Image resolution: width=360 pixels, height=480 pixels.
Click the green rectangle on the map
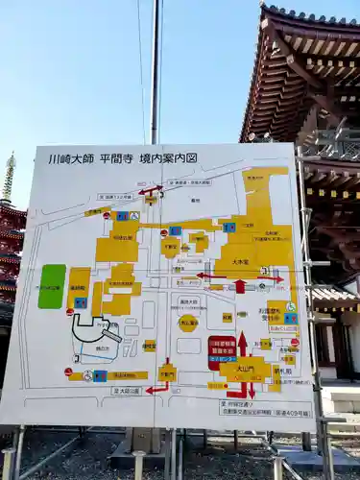tap(52, 286)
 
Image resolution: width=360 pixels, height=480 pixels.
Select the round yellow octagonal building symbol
tap(188, 323)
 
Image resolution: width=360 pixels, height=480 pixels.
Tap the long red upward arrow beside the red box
tap(242, 344)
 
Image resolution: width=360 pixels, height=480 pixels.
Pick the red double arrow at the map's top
tap(151, 190)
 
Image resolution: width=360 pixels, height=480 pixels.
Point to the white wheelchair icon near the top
tap(134, 217)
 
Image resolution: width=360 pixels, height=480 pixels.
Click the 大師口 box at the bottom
tap(127, 391)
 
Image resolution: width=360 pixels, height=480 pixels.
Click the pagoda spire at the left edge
tap(9, 178)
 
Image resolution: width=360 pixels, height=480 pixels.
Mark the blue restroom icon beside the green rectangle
tap(81, 302)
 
